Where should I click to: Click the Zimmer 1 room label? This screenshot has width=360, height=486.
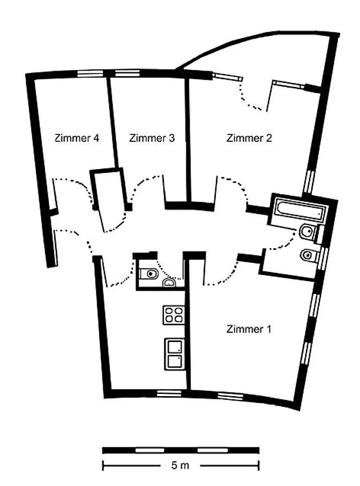(x=249, y=329)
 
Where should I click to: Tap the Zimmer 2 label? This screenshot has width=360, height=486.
(x=249, y=138)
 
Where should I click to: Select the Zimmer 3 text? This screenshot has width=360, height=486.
(x=152, y=138)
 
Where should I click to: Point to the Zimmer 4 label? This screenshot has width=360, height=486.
(x=77, y=138)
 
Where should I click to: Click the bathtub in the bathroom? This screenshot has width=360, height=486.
(x=300, y=210)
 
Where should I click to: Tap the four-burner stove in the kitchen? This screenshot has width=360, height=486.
(x=174, y=315)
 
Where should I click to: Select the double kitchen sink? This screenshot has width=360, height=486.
(x=174, y=354)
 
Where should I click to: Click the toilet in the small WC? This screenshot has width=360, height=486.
(x=148, y=274)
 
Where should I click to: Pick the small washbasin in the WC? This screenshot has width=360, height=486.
(x=169, y=283)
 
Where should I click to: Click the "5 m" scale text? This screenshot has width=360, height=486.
(x=181, y=465)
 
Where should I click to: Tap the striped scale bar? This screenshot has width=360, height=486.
(x=181, y=450)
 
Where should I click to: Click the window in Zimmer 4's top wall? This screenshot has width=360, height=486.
(x=90, y=73)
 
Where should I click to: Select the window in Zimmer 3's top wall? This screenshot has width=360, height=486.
(x=127, y=73)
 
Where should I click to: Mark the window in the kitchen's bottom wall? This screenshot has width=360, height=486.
(x=169, y=393)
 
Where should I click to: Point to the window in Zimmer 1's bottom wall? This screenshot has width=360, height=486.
(x=230, y=396)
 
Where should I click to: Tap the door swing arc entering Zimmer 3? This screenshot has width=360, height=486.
(x=142, y=186)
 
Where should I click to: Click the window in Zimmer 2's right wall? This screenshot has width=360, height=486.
(x=309, y=181)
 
